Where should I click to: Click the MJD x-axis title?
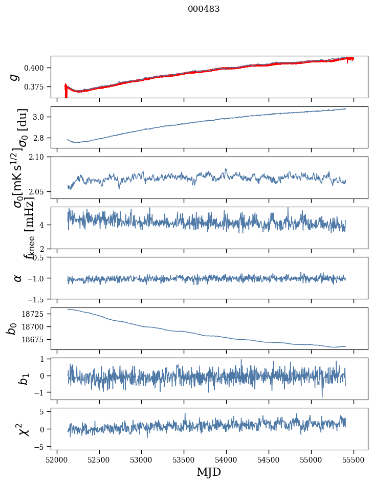click(x=209, y=472)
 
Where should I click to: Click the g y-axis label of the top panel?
click(x=15, y=77)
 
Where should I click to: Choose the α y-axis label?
click(x=18, y=278)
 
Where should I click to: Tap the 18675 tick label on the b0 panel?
click(x=35, y=340)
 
